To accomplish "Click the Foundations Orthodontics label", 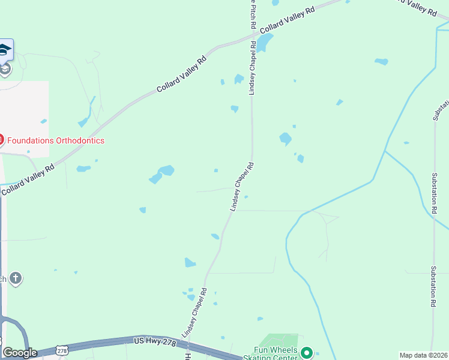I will point(55,141).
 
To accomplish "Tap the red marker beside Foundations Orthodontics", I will point(1,140).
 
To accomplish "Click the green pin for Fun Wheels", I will point(307,353).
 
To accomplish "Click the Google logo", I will point(20,353).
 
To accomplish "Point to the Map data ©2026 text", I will point(423,355).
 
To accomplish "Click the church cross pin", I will point(16,278).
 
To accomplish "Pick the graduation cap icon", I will point(4,50).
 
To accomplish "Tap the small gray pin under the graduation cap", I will point(5,70).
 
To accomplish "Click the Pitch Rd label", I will point(253,15).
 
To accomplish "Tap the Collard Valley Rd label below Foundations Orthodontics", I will point(28,179).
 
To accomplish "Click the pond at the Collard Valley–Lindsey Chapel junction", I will point(265,42).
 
